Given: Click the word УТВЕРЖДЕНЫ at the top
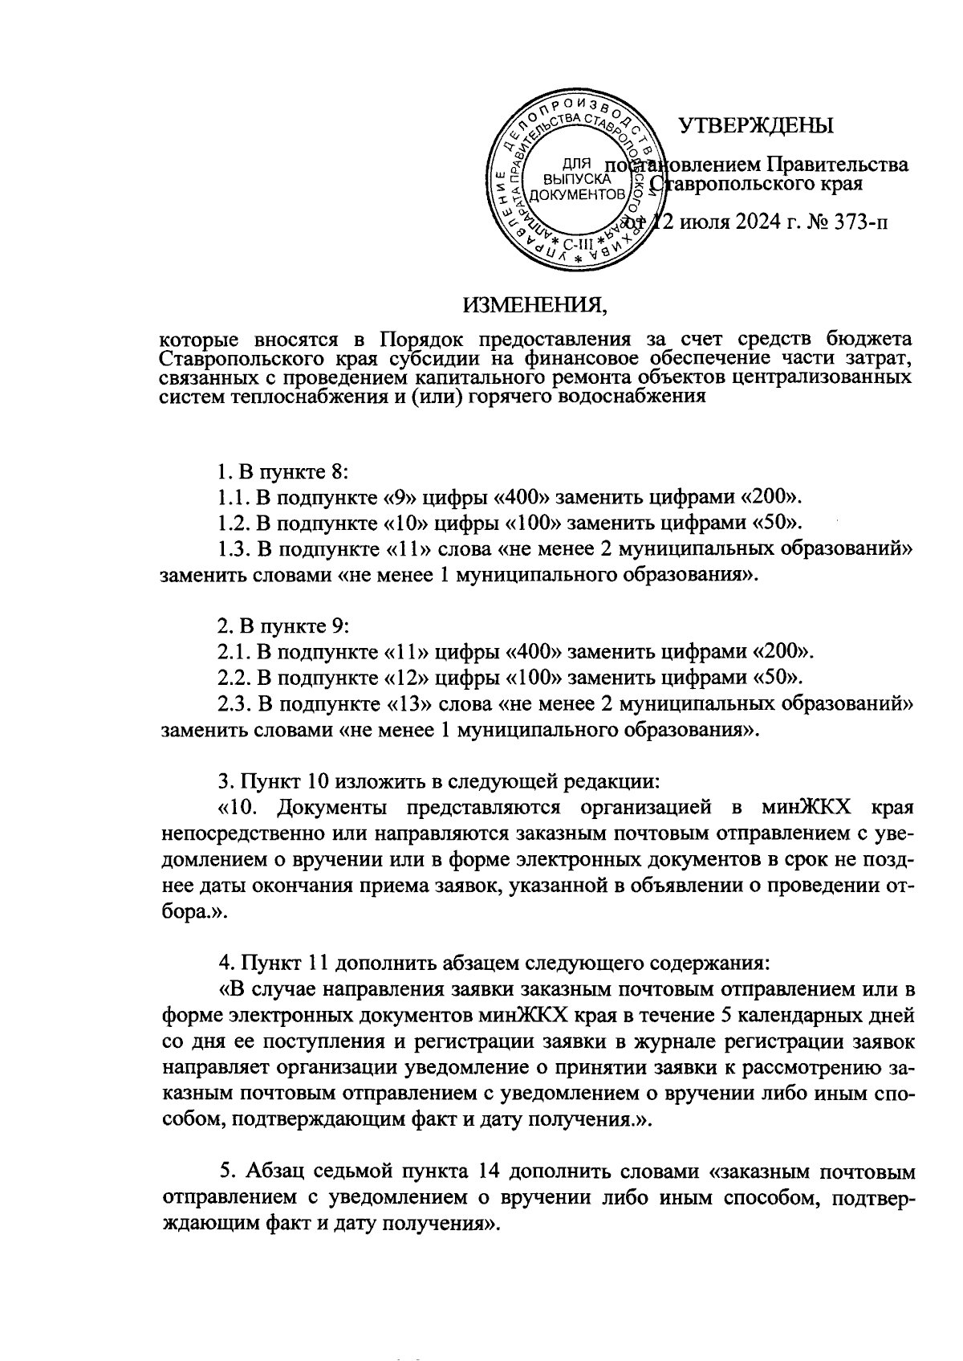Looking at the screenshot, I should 756,127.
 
